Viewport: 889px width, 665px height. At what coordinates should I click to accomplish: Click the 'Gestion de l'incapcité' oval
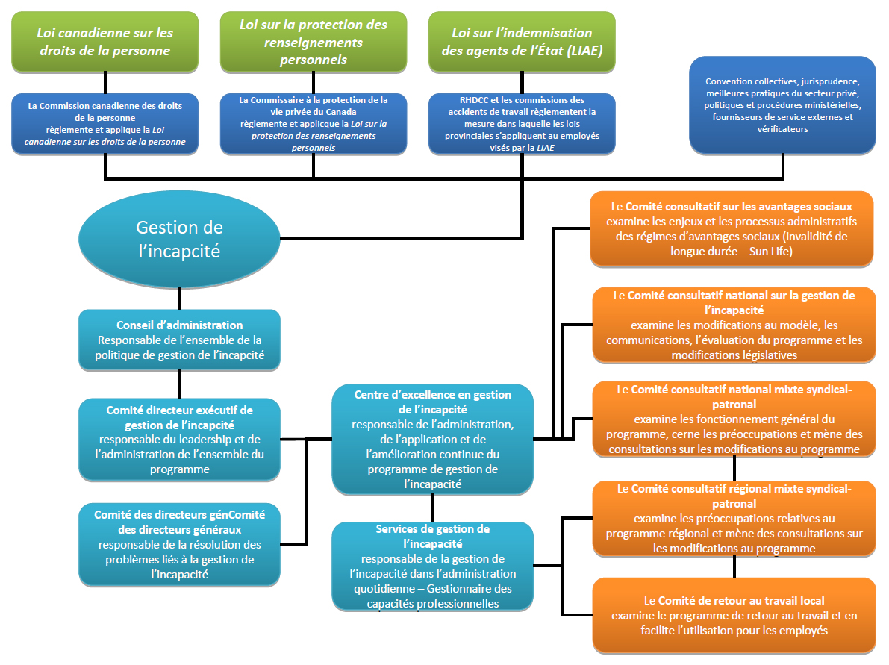179,239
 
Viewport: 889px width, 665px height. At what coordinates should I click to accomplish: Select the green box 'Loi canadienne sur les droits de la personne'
105,42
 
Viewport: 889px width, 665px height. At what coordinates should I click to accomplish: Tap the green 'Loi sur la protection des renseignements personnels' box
314,42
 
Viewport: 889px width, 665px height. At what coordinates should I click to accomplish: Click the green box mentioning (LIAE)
522,42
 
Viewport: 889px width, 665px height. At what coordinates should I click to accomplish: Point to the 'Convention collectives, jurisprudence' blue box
783,105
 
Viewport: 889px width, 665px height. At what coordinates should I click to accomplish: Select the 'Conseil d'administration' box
179,340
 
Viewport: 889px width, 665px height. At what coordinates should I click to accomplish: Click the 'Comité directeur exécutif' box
179,439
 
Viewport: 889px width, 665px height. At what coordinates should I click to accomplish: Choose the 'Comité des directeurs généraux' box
179,544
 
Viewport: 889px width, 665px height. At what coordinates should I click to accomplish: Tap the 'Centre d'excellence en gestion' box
433,439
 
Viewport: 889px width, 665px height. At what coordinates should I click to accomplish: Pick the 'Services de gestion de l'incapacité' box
433,565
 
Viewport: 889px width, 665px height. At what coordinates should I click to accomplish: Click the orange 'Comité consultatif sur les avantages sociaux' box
732,228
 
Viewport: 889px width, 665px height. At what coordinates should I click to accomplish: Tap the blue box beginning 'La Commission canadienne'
105,123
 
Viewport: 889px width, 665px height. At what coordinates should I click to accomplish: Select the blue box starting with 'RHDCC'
522,123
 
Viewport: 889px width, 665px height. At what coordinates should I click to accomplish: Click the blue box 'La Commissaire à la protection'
314,123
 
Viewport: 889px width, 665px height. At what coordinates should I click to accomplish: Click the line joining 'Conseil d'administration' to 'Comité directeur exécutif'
179,384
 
